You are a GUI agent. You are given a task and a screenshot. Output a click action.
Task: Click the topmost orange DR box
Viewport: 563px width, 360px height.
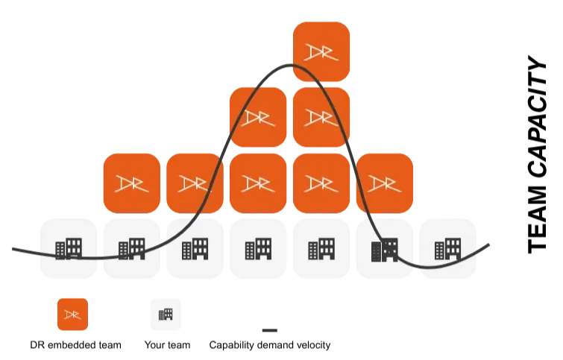coord(321,51)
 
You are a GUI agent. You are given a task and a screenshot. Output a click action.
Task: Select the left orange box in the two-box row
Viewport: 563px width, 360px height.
coord(258,117)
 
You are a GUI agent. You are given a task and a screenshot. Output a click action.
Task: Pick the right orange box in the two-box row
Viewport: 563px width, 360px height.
coord(321,117)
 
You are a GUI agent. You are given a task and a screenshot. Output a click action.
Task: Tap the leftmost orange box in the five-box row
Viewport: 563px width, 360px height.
coord(131,183)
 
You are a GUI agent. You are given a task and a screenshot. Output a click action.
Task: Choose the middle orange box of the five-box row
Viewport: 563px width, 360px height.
coord(258,183)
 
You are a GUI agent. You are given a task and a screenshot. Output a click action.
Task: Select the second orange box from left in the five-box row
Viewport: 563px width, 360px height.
coord(195,183)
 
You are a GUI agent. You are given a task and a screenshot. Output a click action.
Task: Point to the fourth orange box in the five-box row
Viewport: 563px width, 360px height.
coord(321,183)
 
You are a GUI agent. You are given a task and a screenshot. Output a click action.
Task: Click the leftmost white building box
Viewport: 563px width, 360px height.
coord(68,247)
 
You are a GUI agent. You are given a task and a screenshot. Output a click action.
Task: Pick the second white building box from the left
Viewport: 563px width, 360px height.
coord(131,247)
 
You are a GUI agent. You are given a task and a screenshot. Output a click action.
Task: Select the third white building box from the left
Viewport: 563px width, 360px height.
coord(195,247)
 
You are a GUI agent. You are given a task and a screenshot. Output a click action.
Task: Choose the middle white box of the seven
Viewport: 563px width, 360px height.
coord(258,247)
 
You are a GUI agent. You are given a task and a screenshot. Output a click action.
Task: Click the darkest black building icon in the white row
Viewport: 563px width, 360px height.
coord(385,249)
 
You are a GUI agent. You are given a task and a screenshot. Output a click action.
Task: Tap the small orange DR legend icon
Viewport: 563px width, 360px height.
coord(72,315)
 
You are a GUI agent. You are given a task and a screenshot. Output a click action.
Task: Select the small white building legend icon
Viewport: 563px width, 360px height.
coord(166,314)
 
